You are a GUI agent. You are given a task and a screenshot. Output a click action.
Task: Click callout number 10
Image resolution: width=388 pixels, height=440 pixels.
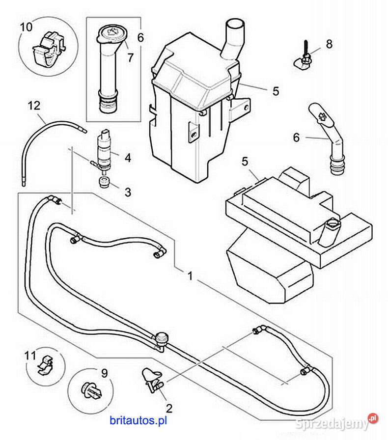point(27,26)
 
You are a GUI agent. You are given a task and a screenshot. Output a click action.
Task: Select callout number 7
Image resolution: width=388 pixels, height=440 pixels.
point(131,57)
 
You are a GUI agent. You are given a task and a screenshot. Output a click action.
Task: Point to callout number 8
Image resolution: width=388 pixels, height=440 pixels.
point(329,44)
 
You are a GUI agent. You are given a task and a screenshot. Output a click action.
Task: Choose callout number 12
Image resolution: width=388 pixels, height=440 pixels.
point(33,105)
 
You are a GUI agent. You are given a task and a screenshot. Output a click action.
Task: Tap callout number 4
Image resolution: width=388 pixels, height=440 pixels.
point(128,158)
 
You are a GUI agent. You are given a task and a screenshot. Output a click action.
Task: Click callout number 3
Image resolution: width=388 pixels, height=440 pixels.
point(128,192)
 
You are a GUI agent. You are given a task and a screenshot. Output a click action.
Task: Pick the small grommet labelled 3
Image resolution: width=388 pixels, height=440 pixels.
point(104,184)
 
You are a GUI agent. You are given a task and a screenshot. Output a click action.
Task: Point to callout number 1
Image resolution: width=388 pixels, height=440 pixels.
point(190,276)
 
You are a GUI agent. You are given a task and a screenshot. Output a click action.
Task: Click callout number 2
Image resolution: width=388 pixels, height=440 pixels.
point(169,407)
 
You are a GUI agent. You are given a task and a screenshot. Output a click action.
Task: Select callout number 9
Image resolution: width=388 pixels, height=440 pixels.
point(104,373)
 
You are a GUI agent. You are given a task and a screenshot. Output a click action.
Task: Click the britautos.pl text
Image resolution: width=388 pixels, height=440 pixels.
point(139,420)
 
